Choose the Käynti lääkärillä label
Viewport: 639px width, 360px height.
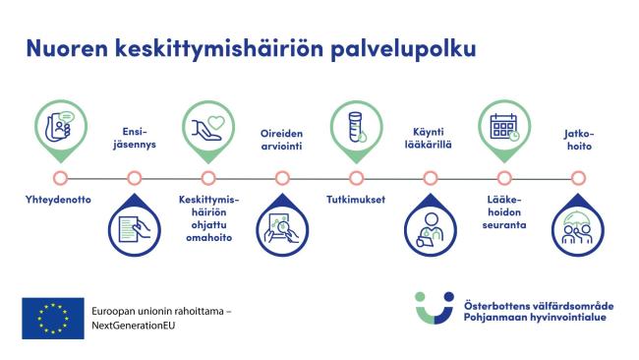tap(430, 138)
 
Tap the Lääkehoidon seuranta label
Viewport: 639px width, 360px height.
tap(505, 211)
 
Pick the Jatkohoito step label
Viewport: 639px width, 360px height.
tap(578, 138)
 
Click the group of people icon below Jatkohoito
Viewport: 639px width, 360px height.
tap(578, 230)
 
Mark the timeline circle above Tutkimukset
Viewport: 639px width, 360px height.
tap(355, 178)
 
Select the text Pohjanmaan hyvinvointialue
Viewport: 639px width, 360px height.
tap(536, 317)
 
